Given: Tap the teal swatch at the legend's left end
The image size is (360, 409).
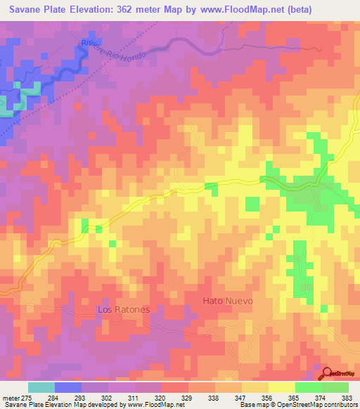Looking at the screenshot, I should click(x=41, y=387).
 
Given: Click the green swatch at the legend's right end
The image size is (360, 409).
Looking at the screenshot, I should click(x=335, y=387).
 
